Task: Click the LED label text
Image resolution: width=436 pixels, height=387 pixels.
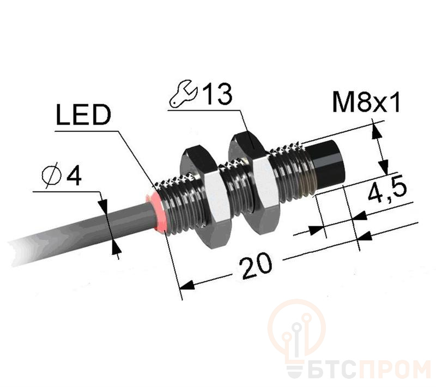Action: point(83,114)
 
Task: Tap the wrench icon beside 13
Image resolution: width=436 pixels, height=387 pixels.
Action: point(184,93)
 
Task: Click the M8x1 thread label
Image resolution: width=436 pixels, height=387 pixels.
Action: point(366,102)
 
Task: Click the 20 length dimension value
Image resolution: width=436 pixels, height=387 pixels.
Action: point(256,265)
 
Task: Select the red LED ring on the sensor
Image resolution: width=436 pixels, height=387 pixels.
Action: point(157,212)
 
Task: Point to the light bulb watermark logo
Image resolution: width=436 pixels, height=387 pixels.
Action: point(296,332)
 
